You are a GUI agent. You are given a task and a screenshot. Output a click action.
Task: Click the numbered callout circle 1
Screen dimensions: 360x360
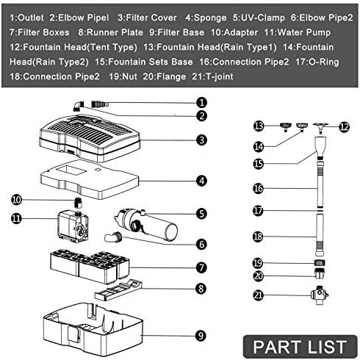pos(201,103)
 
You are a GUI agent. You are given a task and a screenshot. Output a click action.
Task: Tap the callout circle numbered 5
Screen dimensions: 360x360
pos(201,214)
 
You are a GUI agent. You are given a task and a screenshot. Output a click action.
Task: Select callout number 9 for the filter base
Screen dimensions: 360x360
pos(201,336)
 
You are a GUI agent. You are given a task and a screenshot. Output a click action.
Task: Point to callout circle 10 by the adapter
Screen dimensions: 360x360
pos(16,200)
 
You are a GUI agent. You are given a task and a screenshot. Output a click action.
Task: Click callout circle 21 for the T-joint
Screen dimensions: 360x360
pos(258,295)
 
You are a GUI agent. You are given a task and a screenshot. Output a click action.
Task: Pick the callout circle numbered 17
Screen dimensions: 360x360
pos(258,211)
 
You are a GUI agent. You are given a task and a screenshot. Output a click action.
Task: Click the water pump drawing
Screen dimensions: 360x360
pos(73,226)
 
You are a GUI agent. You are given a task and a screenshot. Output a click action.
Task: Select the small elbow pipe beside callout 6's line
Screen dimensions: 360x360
pos(113,237)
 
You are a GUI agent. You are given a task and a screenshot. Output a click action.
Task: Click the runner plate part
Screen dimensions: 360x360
pos(118,289)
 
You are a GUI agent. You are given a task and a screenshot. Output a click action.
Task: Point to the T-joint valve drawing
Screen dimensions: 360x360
pos(320,295)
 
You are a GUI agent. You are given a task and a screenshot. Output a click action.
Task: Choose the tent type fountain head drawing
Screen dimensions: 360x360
pos(320,128)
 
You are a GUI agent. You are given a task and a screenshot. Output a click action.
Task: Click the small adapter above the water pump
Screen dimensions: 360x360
pos(78,202)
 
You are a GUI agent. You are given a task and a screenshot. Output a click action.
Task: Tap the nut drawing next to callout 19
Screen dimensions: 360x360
pos(320,263)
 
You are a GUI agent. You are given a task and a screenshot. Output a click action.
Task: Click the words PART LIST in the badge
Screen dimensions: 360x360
pos(300,347)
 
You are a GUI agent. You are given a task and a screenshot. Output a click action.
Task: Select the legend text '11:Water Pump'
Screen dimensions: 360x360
pos(298,32)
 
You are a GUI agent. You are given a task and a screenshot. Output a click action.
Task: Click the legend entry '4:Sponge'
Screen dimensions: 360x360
pos(206,18)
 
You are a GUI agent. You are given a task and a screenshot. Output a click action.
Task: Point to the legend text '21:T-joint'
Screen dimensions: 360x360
pos(212,76)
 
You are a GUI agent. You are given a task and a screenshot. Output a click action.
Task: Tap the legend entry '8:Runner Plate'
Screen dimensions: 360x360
pos(111,32)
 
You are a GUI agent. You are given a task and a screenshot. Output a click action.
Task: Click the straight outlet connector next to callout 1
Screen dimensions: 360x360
pos(100,104)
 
